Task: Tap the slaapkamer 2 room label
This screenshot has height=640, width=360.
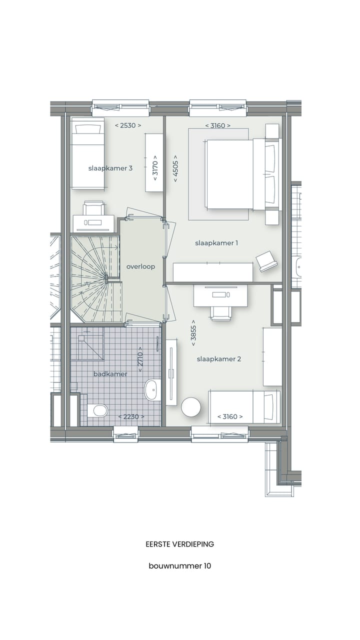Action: [219, 359]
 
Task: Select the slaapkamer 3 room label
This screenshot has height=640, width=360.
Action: [110, 168]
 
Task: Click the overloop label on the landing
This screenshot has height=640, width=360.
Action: [140, 266]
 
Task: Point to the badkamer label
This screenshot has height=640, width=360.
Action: [110, 374]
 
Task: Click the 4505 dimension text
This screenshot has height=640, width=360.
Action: [175, 168]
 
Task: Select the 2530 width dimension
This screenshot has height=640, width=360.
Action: [128, 125]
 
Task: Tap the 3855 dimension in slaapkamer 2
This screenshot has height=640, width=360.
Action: [193, 332]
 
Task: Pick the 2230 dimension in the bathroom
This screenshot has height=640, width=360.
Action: [131, 416]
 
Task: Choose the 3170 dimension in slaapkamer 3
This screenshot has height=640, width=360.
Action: [155, 170]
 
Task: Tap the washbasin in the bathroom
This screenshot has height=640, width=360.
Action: [152, 389]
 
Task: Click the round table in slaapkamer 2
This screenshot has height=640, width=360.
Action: [191, 407]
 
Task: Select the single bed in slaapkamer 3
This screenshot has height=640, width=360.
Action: [87, 153]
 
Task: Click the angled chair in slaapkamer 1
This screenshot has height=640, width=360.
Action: [267, 261]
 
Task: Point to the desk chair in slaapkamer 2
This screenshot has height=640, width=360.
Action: [220, 311]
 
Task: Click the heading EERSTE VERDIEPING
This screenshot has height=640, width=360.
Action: [179, 544]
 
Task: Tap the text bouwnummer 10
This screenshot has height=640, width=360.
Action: [179, 566]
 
